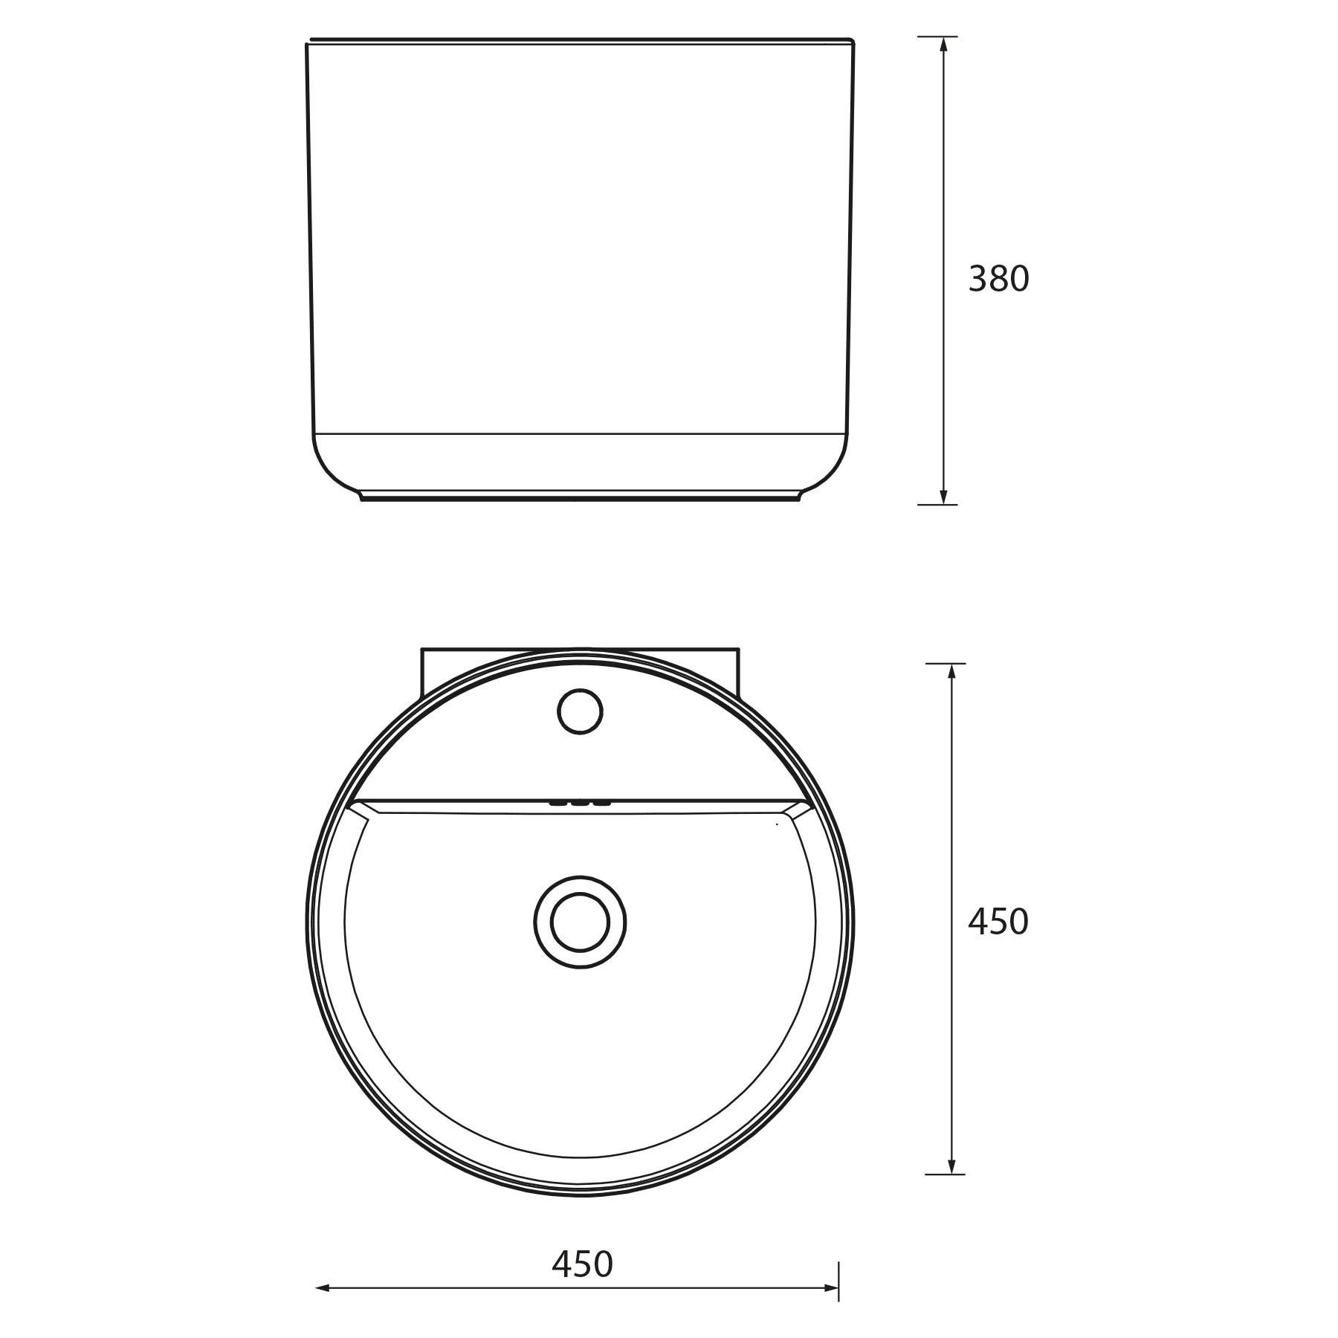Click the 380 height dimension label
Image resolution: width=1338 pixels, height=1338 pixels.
[x=998, y=279]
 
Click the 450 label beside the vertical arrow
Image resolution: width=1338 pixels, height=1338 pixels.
[x=998, y=922]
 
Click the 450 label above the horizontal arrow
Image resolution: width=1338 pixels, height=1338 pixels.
[x=582, y=1264]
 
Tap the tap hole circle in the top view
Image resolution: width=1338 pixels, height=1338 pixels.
[x=580, y=712]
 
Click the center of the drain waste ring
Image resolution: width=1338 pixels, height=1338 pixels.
[x=580, y=922]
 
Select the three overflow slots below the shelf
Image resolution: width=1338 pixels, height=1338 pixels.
[x=580, y=803]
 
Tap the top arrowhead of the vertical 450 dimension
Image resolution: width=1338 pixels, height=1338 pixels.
[x=951, y=671]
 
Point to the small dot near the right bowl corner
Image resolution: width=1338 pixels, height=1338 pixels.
[x=777, y=824]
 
